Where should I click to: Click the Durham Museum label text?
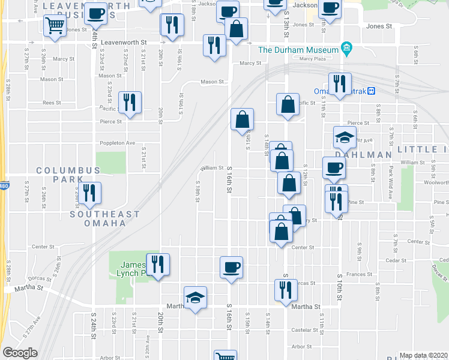pos(299,49)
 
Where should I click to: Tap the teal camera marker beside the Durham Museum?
pos(346,49)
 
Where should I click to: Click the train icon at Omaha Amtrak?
pos(372,91)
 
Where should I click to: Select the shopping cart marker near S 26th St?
pos(55,26)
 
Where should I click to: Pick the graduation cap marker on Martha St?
pos(195,298)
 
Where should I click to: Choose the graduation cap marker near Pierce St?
pos(345,138)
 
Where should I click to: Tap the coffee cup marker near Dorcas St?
pos(231,268)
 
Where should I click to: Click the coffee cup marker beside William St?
pos(334,168)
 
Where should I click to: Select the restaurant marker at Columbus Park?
pos(90,193)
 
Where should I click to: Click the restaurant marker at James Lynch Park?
pos(158,264)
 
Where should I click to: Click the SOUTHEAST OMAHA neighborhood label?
pos(104,218)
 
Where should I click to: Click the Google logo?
pos(20,353)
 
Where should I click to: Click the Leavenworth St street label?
pos(124,43)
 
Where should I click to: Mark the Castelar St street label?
pos(304,330)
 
